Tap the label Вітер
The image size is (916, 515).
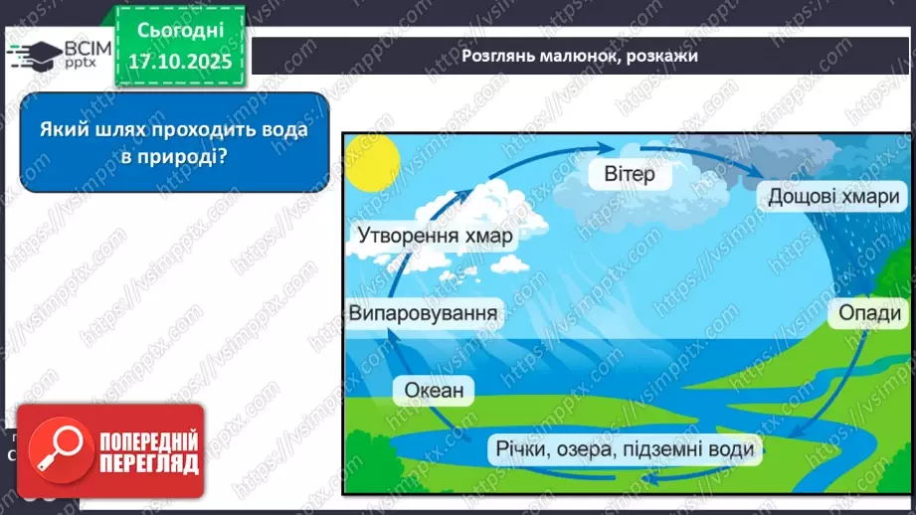[x=630, y=175]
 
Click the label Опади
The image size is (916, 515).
[x=869, y=314]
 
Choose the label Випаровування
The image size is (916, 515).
[x=423, y=314]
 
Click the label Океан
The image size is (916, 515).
[x=434, y=390]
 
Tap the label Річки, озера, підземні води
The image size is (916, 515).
[x=626, y=448]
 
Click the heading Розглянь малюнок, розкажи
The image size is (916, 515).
[x=580, y=56]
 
